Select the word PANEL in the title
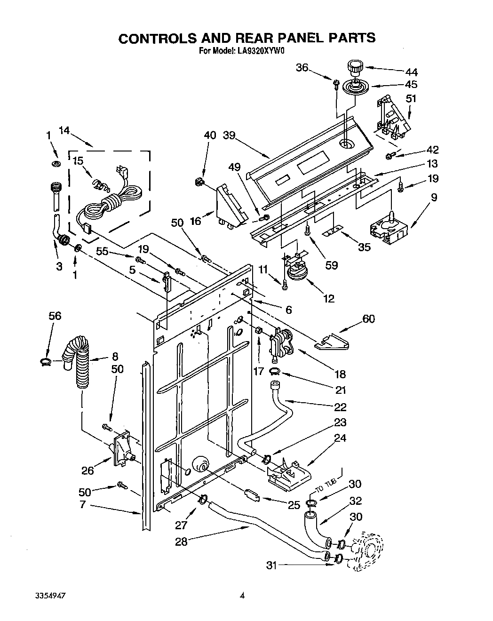283,38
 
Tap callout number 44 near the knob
411,72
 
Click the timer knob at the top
354,67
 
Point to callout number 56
55,316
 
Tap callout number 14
64,131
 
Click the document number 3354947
50,595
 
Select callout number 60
368,319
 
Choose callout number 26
88,470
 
